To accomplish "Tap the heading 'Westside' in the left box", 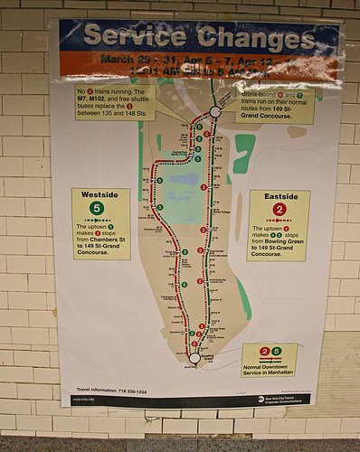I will [x=99, y=194].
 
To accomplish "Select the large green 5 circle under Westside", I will [x=98, y=210].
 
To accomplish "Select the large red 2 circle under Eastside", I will [x=279, y=211].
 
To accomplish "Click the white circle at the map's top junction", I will [x=215, y=111].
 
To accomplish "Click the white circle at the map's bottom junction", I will [x=194, y=358].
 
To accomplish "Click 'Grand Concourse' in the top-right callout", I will [x=263, y=116].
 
